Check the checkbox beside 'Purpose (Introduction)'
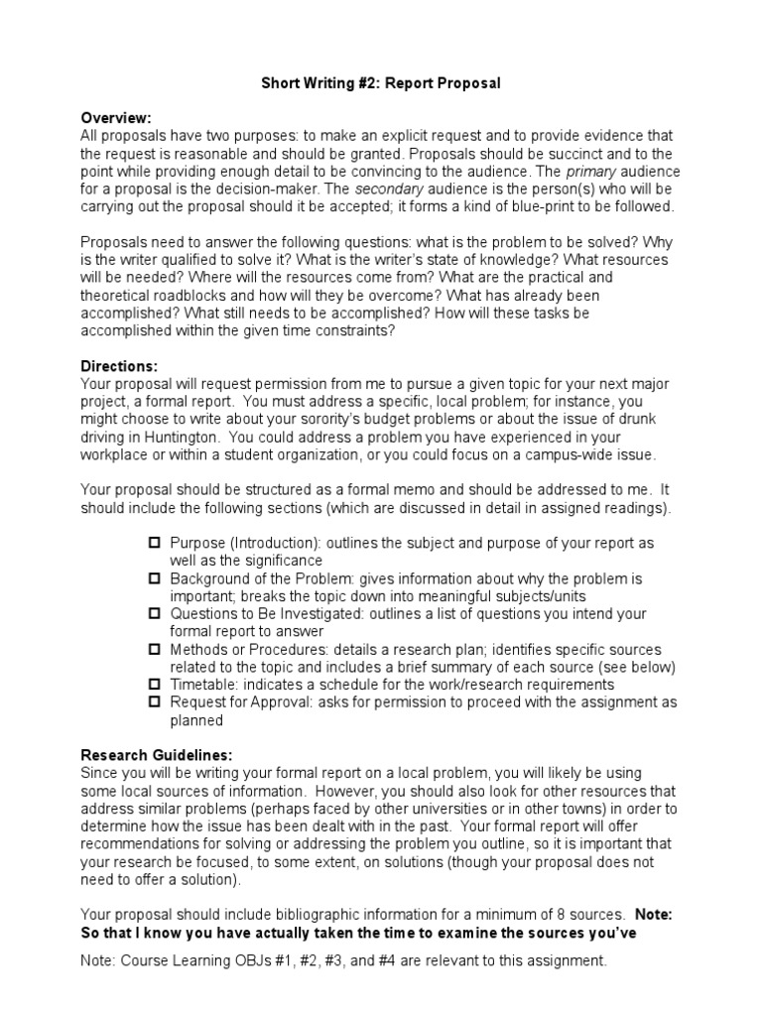(x=154, y=543)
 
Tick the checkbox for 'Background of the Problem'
(x=154, y=577)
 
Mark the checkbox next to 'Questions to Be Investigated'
(x=154, y=613)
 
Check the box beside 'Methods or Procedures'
(x=154, y=648)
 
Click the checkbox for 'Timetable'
(x=154, y=684)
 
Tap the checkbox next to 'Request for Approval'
(x=154, y=701)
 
